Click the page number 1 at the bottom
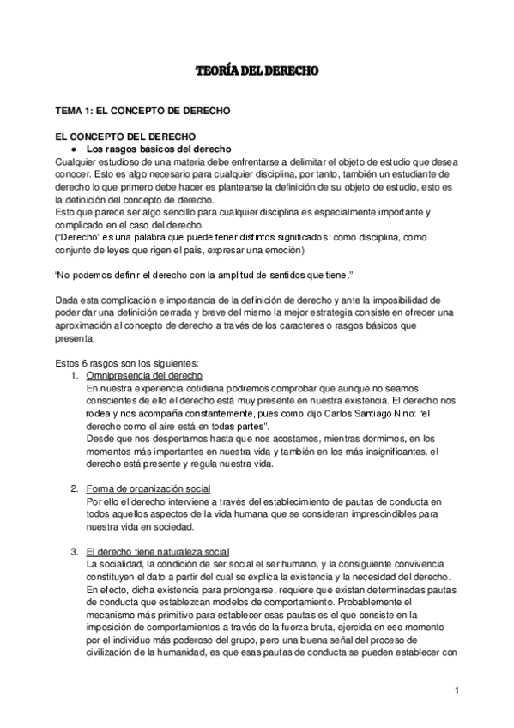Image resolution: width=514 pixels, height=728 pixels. (x=459, y=689)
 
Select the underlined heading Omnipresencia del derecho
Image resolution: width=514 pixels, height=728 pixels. (x=144, y=376)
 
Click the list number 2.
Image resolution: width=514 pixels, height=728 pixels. (x=74, y=488)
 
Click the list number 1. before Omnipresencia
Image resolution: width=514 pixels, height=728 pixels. (x=74, y=376)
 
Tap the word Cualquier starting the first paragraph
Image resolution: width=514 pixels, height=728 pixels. (x=76, y=161)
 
